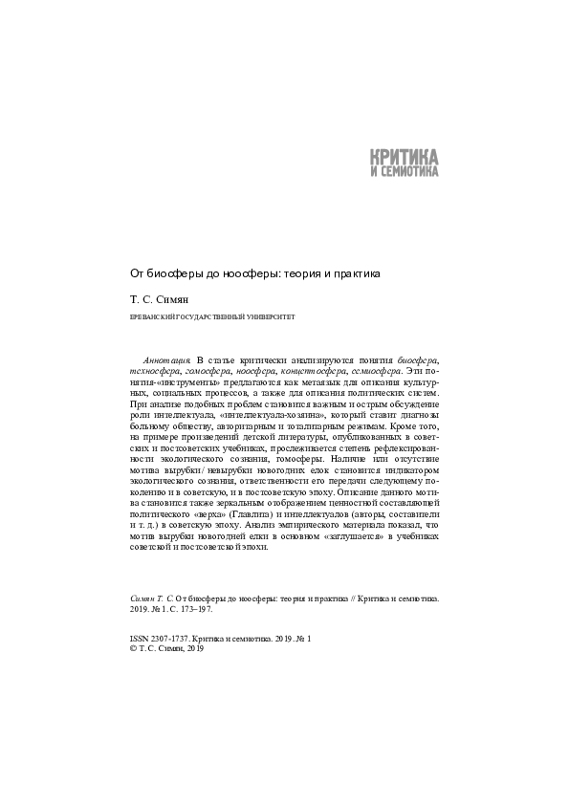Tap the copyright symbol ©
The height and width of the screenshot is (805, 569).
pos(132,647)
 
